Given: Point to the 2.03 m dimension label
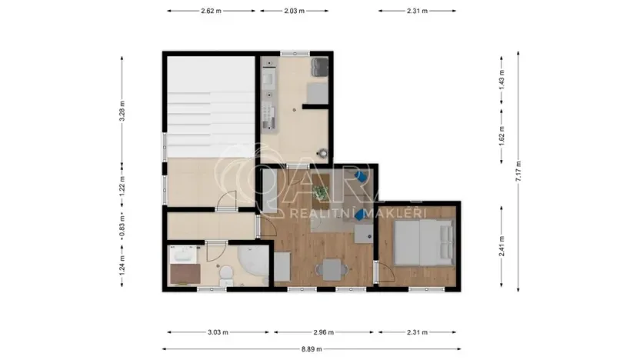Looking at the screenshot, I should click(x=293, y=12).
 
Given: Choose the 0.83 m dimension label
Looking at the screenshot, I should click(x=122, y=228).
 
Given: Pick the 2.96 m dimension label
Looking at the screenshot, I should click(x=324, y=332).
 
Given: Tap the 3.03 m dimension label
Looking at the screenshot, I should click(x=218, y=332).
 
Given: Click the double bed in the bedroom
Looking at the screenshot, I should click(x=422, y=242).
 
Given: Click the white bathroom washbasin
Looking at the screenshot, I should click(x=182, y=255).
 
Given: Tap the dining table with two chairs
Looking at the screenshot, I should click(x=331, y=269).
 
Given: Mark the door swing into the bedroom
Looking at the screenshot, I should click(x=379, y=272).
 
